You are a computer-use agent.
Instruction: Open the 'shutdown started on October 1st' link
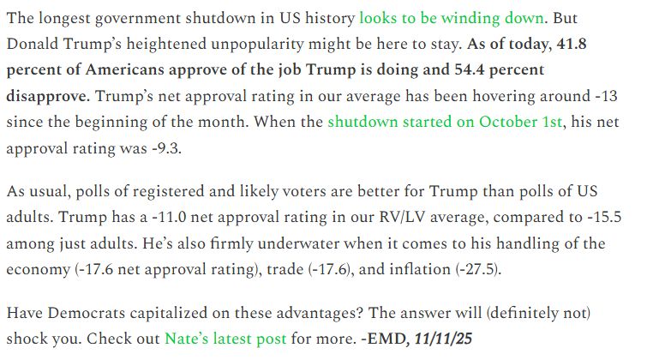pos(445,122)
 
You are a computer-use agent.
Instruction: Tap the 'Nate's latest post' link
pos(225,338)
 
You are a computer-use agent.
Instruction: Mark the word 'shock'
pos(33,338)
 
